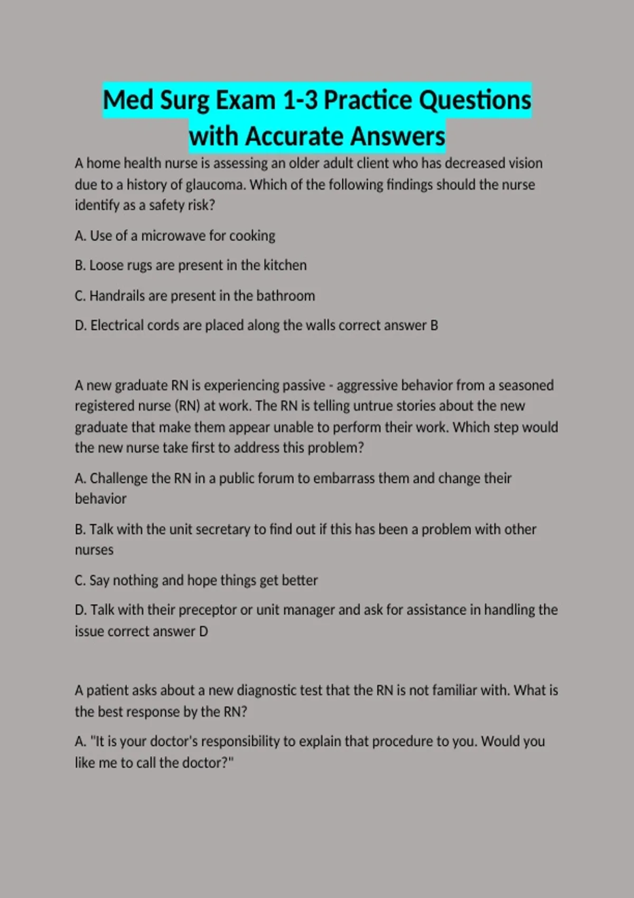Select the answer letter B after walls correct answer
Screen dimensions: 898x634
pyautogui.click(x=434, y=325)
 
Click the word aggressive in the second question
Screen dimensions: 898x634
pyautogui.click(x=367, y=386)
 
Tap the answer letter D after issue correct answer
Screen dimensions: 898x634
pyautogui.click(x=203, y=631)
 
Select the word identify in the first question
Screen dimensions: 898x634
pyautogui.click(x=96, y=205)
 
